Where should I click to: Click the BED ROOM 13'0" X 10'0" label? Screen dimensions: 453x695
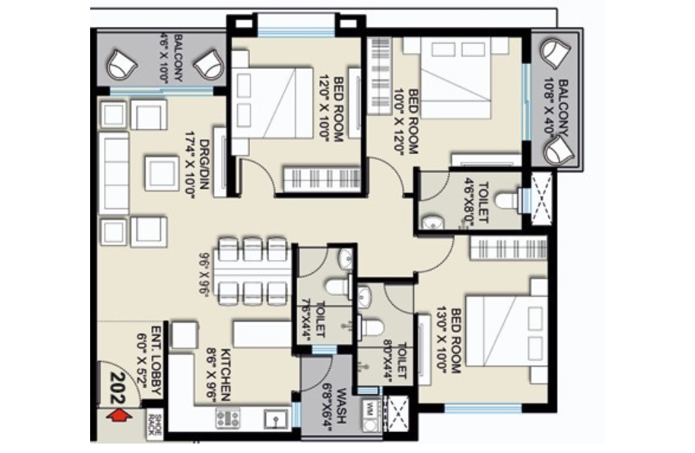tap(450, 341)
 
